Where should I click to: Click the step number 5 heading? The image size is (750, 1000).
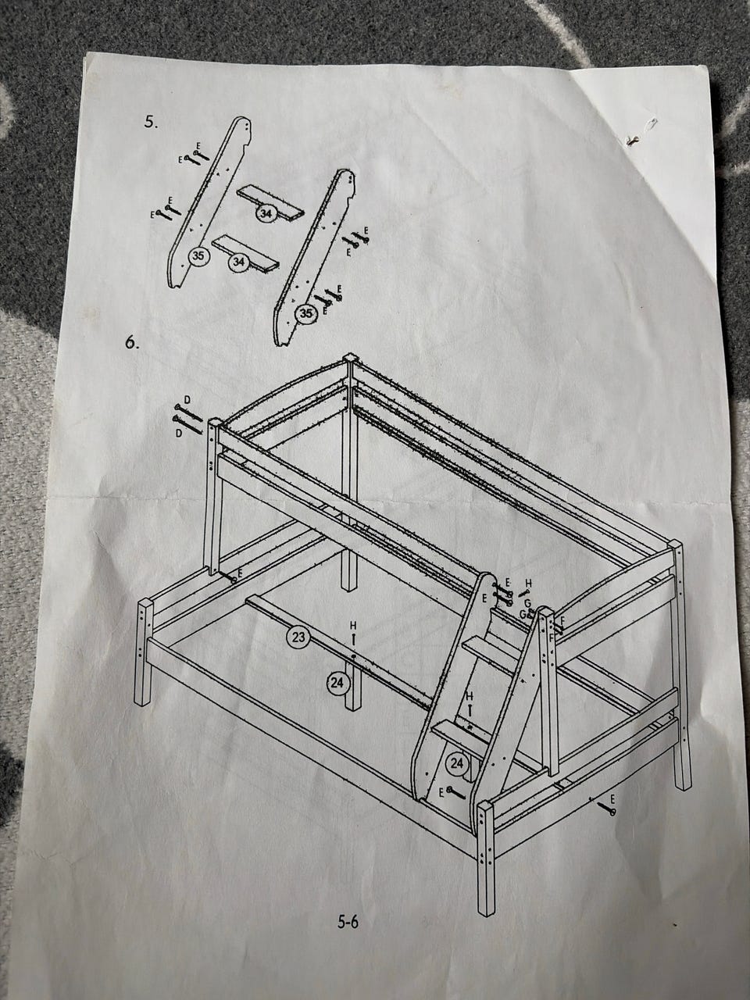pyautogui.click(x=151, y=122)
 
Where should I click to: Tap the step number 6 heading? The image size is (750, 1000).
pyautogui.click(x=132, y=343)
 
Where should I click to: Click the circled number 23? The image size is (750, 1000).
pyautogui.click(x=298, y=637)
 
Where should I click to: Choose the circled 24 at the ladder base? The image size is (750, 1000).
pyautogui.click(x=457, y=763)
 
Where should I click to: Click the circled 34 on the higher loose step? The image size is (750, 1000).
pyautogui.click(x=267, y=212)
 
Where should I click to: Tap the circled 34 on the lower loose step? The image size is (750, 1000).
pyautogui.click(x=237, y=262)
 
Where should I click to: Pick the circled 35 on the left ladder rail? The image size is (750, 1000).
pyautogui.click(x=198, y=255)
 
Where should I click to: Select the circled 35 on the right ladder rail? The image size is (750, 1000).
pyautogui.click(x=306, y=313)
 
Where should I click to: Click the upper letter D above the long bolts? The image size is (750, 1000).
pyautogui.click(x=187, y=399)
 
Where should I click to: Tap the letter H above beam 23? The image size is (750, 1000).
pyautogui.click(x=353, y=627)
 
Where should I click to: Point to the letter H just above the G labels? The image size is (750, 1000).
pyautogui.click(x=528, y=583)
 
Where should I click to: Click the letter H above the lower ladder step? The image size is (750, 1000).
pyautogui.click(x=470, y=695)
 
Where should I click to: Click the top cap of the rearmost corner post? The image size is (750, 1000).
pyautogui.click(x=349, y=356)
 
